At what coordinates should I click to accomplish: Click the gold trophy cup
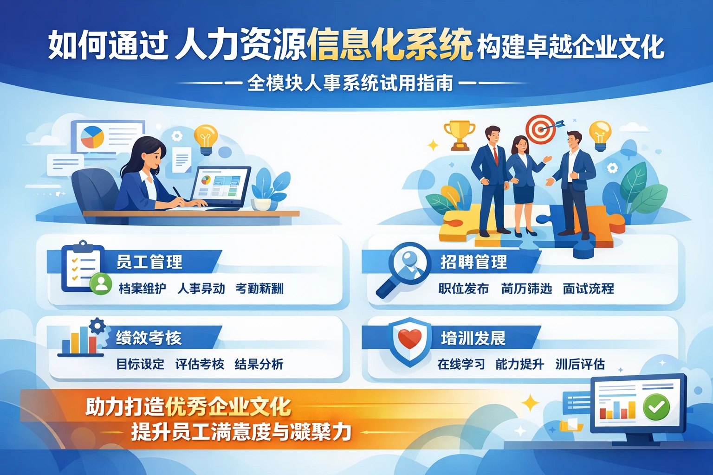point(459,135)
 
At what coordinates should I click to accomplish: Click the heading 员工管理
point(149,262)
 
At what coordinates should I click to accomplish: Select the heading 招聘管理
point(473,262)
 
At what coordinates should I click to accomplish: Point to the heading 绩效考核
point(149,338)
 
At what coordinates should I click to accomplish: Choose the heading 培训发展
point(473,338)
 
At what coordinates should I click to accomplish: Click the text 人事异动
point(201,289)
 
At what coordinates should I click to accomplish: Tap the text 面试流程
point(588,289)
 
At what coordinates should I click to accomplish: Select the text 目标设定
point(140,364)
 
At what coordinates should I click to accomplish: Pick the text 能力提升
point(519,364)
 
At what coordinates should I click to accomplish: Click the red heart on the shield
point(409,339)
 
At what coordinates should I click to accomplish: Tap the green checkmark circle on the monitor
point(656,407)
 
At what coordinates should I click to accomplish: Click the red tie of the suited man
point(495,155)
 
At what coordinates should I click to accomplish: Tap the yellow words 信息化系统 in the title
point(389,45)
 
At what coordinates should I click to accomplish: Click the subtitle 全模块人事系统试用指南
point(350,83)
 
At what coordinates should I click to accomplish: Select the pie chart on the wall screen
point(92,137)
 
